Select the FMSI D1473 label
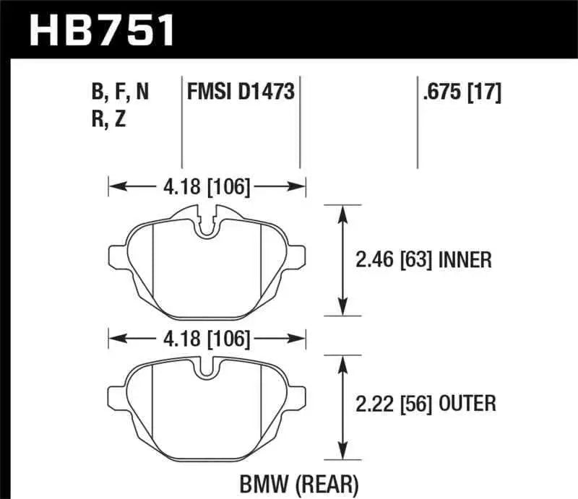241,93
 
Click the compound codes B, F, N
121,93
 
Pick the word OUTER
466,404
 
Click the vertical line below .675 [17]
418,137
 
